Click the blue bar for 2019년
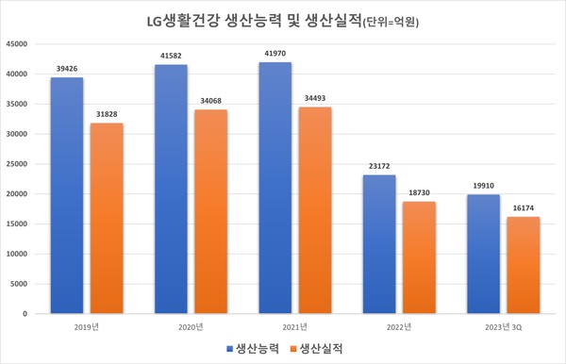(67, 195)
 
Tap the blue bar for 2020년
(171, 189)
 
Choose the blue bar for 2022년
(378, 244)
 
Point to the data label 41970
(275, 53)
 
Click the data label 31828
(108, 114)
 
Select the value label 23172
(378, 166)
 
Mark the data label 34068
(212, 101)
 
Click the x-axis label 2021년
(295, 326)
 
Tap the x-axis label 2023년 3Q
(503, 326)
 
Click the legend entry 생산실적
(318, 348)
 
